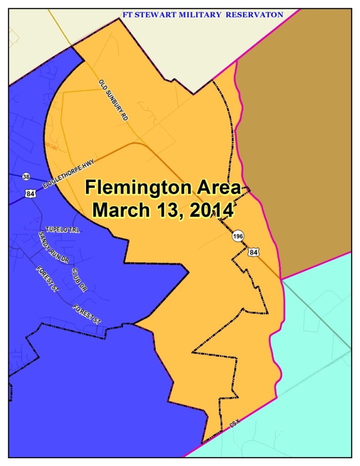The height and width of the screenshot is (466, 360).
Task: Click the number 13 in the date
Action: pyautogui.click(x=166, y=210)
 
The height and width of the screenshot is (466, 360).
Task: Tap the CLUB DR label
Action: pyautogui.click(x=79, y=280)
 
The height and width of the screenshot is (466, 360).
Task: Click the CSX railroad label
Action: pyautogui.click(x=234, y=424)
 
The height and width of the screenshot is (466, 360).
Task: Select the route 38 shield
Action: pyautogui.click(x=26, y=177)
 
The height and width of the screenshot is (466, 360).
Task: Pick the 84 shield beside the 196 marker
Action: pyautogui.click(x=253, y=251)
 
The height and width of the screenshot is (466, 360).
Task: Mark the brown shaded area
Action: pyautogui.click(x=296, y=137)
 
